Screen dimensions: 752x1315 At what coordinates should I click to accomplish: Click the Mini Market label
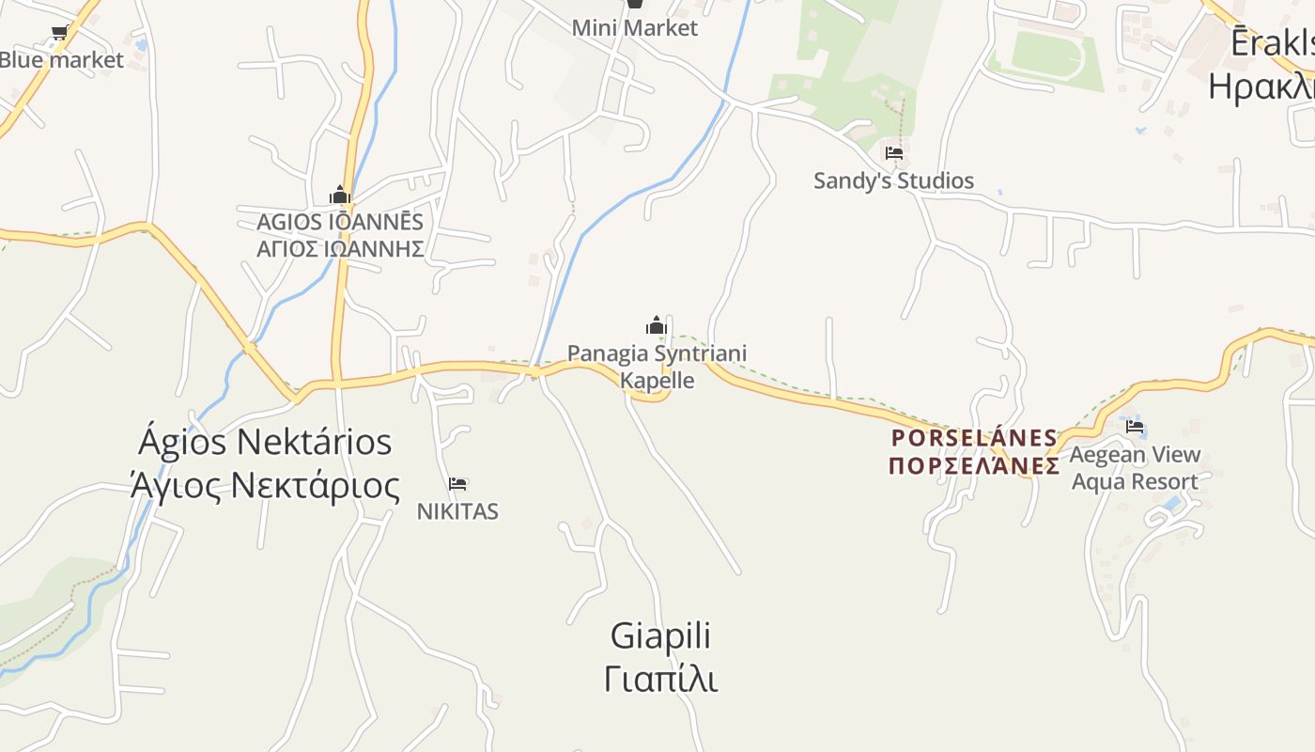(x=635, y=28)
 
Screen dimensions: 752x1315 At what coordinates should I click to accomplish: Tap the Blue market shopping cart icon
(x=59, y=34)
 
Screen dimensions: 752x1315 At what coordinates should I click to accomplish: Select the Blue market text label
(x=62, y=60)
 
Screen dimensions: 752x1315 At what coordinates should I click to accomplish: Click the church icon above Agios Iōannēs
(x=340, y=196)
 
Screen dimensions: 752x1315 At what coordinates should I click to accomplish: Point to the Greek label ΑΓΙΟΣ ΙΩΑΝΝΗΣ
(x=340, y=249)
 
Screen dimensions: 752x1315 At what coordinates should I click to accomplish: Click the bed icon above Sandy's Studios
(x=893, y=152)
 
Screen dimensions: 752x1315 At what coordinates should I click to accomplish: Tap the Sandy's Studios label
(x=893, y=180)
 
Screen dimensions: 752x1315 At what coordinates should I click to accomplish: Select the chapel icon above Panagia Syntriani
(x=656, y=326)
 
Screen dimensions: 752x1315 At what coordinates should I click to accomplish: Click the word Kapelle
(x=657, y=380)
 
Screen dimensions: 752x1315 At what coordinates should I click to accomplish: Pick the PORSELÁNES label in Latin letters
(x=974, y=438)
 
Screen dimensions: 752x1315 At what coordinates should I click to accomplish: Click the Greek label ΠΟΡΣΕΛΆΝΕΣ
(x=974, y=465)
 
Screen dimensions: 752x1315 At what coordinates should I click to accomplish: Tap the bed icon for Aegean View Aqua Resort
(x=1135, y=427)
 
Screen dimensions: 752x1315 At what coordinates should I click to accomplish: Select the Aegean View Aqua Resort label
(x=1135, y=468)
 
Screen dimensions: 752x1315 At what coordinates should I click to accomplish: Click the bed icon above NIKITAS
(x=457, y=484)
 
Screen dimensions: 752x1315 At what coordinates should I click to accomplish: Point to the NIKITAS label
(x=457, y=511)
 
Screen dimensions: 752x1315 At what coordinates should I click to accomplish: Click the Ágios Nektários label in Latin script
(x=265, y=442)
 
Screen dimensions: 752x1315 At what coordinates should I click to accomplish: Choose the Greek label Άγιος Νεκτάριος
(x=265, y=486)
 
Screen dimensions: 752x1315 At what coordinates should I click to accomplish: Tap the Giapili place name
(x=660, y=636)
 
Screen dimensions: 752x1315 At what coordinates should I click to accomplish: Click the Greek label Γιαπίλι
(x=660, y=679)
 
